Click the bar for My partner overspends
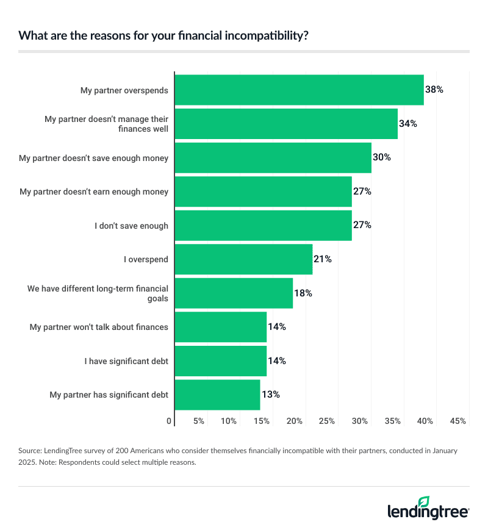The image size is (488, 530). [299, 90]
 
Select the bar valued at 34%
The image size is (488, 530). [286, 124]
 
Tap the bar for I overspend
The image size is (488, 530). [243, 259]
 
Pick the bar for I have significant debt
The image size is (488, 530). [220, 361]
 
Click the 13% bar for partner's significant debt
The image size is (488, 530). [217, 395]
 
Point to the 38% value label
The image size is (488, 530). [434, 90]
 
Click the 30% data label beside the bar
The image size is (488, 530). [381, 157]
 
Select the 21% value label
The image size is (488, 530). [322, 259]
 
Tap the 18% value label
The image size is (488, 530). [303, 293]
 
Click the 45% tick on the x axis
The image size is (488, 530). [458, 421]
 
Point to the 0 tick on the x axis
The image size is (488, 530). [169, 421]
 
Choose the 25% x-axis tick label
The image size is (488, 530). [327, 421]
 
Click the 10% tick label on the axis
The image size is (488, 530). [229, 421]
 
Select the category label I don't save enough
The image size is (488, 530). [131, 226]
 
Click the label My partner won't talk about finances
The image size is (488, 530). [99, 327]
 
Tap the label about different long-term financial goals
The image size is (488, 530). [98, 293]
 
